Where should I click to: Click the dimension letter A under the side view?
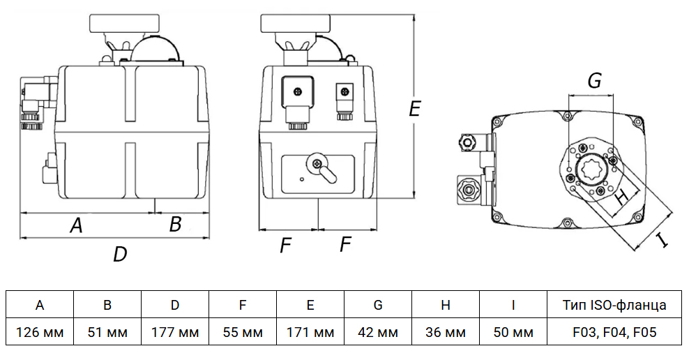click(77, 225)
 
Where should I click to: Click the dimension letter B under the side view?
click(176, 224)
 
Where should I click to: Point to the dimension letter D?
click(121, 254)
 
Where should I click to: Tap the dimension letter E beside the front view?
click(414, 109)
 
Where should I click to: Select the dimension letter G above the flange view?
click(594, 81)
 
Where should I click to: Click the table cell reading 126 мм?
click(40, 332)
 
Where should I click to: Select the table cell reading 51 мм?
click(107, 332)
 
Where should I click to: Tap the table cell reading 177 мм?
click(175, 332)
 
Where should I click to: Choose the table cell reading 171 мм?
click(310, 332)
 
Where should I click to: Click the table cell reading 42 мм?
click(378, 332)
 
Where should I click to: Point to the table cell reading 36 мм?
click(446, 332)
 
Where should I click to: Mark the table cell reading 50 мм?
click(513, 332)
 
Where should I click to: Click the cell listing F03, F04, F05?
click(614, 332)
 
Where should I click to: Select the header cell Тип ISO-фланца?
click(614, 305)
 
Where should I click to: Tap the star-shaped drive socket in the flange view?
click(591, 168)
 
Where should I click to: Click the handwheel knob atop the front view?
click(295, 22)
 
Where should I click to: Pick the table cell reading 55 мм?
click(243, 332)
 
